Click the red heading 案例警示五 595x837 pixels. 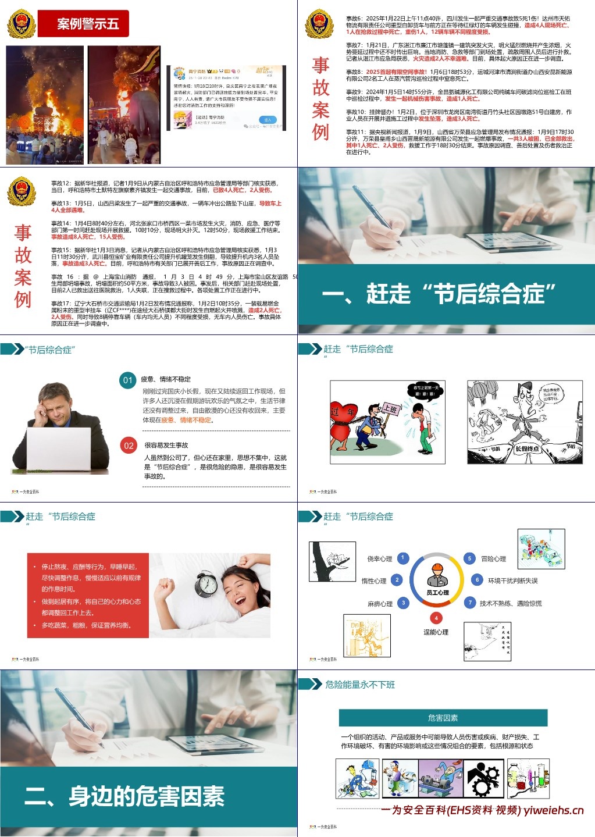[87, 24]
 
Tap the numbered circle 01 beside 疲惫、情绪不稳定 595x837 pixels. [128, 380]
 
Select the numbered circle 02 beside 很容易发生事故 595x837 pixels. [129, 446]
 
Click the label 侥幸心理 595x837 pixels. [379, 559]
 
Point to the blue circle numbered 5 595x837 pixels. [469, 558]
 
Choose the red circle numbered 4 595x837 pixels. [436, 618]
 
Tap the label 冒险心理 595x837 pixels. [493, 559]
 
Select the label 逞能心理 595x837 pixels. [436, 632]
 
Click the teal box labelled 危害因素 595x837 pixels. [443, 718]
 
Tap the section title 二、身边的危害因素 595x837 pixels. [124, 796]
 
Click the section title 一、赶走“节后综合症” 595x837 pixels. [439, 294]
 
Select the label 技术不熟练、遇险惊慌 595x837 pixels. [510, 604]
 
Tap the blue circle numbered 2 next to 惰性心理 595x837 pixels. [397, 580]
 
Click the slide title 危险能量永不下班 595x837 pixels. [360, 685]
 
